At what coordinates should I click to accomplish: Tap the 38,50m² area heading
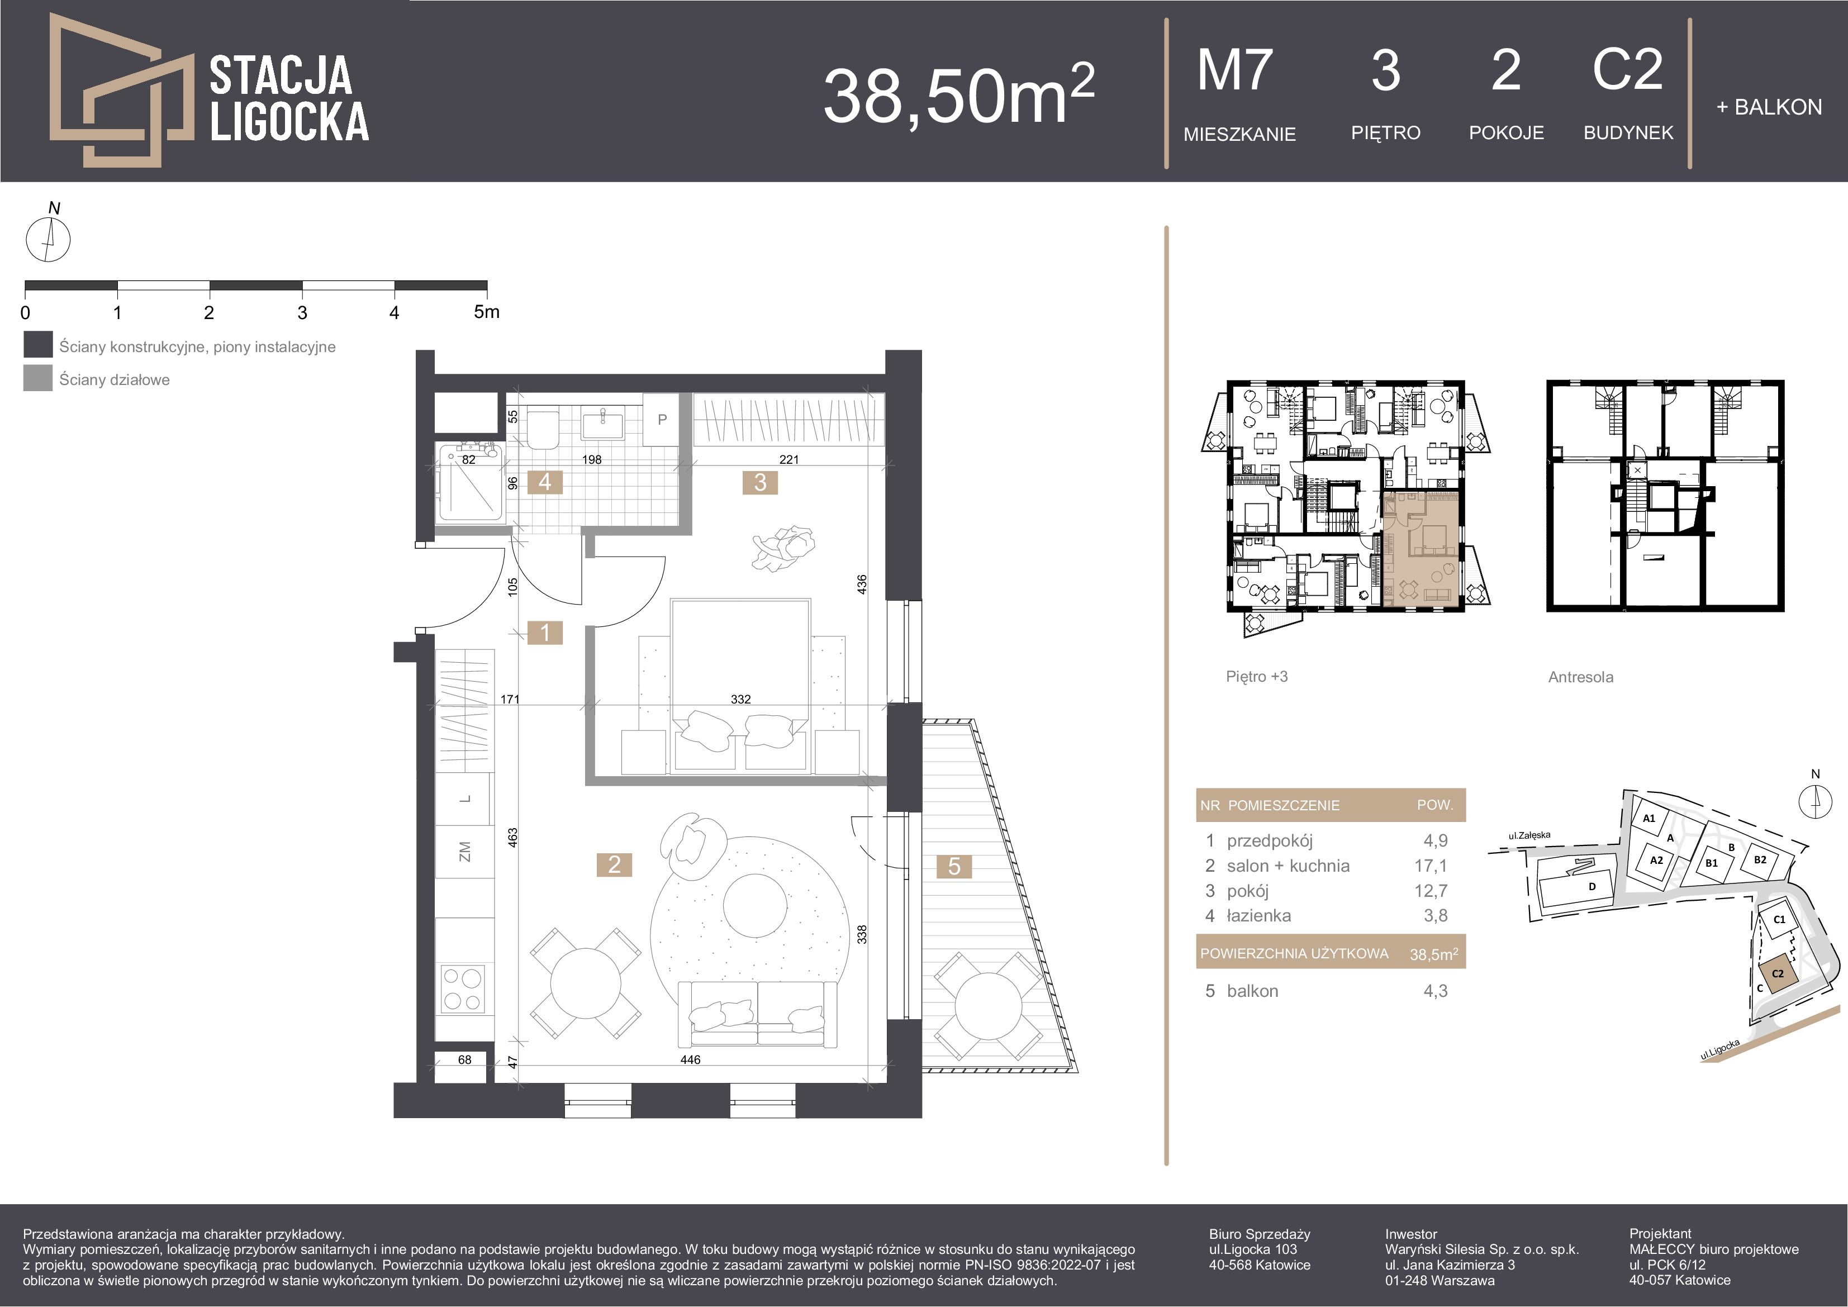[x=958, y=94]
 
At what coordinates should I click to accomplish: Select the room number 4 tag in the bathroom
[x=545, y=482]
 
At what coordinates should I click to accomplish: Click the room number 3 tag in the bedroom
[x=760, y=482]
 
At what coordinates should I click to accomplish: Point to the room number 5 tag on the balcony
[x=954, y=866]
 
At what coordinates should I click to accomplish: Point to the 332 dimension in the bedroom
[x=740, y=698]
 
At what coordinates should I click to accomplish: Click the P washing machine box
[x=662, y=419]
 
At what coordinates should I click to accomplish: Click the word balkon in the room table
[x=1252, y=991]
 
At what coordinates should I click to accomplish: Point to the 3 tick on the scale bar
[x=302, y=312]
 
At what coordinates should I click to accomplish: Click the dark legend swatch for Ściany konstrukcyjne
[x=38, y=344]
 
